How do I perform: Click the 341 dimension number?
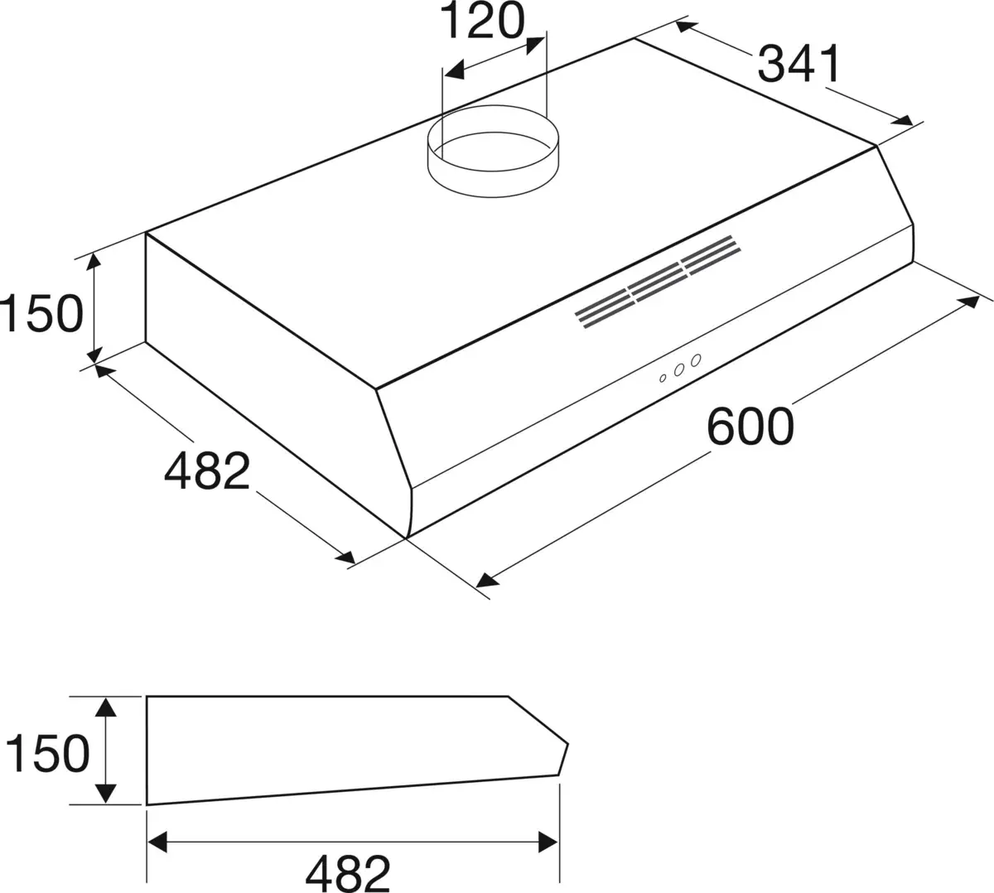click(799, 64)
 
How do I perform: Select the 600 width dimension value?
click(750, 427)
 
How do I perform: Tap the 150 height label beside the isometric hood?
click(41, 313)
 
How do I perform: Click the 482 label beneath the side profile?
click(348, 872)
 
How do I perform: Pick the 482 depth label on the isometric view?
click(207, 471)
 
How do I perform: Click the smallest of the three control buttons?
click(663, 378)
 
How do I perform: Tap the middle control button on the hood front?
click(679, 370)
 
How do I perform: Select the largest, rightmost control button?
click(696, 360)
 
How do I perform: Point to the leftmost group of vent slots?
click(603, 310)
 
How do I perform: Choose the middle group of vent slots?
click(656, 282)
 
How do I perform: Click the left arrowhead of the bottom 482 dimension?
click(157, 842)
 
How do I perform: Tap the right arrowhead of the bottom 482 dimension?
click(548, 842)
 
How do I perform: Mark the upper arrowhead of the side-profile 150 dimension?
click(105, 707)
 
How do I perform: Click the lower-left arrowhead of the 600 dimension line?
click(488, 578)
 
